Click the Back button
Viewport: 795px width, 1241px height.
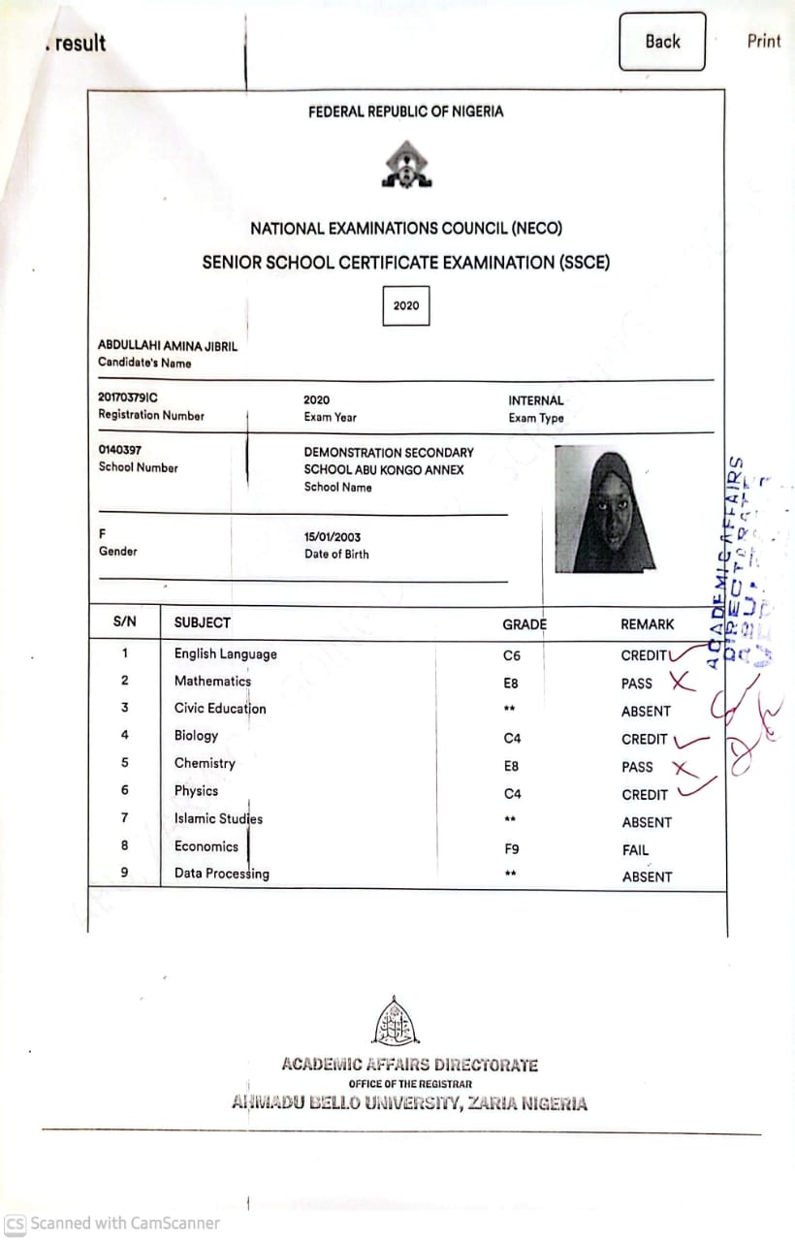[x=662, y=42]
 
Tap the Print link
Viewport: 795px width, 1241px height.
[x=763, y=42]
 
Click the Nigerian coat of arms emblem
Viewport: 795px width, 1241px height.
[x=406, y=165]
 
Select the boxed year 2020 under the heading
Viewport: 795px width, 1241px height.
[x=406, y=305]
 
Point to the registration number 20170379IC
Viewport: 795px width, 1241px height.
[x=128, y=398]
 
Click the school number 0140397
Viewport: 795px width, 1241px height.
[x=121, y=451]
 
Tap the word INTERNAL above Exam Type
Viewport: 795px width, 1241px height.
[x=535, y=400]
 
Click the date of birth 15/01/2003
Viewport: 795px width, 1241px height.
[x=333, y=537]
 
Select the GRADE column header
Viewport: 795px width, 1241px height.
[x=525, y=624]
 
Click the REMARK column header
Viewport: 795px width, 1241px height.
[x=647, y=624]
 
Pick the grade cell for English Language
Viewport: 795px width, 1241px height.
[x=512, y=656]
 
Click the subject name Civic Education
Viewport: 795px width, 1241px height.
[x=220, y=709]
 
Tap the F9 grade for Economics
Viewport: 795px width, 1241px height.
[x=512, y=849]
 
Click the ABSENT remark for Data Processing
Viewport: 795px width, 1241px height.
[x=647, y=877]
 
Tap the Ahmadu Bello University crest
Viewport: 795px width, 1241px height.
[x=396, y=1022]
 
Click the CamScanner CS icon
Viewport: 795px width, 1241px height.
[x=15, y=1224]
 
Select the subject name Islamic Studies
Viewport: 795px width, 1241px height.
[x=218, y=819]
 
